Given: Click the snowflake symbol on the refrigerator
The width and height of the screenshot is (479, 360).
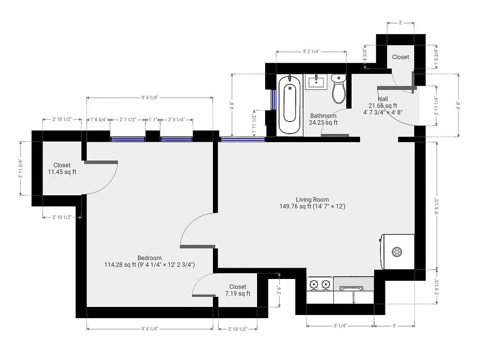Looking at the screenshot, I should (x=397, y=251).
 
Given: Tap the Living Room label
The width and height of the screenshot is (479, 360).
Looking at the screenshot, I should (x=312, y=199).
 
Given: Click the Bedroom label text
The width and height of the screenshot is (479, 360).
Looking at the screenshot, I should (x=149, y=258).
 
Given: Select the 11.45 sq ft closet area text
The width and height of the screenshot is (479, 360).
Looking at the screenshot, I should (x=62, y=172).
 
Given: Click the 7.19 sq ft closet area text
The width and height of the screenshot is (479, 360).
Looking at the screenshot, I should (x=237, y=293).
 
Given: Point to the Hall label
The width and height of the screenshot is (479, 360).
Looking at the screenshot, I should (x=383, y=99).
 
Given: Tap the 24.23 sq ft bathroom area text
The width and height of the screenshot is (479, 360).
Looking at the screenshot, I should (x=323, y=122).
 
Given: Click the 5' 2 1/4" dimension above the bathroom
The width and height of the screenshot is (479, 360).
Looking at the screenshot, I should (x=311, y=52).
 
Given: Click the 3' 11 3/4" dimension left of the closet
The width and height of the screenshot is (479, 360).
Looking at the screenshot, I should (x=20, y=168).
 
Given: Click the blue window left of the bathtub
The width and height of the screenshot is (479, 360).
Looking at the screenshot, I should (x=272, y=99).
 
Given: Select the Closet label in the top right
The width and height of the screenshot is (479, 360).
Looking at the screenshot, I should (x=400, y=57).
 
